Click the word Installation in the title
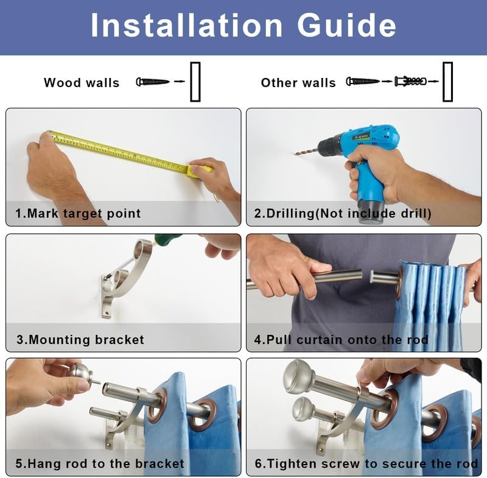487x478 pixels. (186, 25)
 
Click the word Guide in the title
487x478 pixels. (346, 25)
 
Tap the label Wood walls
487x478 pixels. (82, 83)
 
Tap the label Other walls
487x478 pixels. (298, 83)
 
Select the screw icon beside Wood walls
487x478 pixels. (153, 82)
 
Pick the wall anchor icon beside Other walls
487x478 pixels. (410, 82)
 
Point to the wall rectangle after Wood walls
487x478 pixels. (195, 82)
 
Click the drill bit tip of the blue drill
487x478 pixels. (295, 153)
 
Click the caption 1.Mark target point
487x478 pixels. (78, 213)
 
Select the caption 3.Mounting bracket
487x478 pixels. (80, 340)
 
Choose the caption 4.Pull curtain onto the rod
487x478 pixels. (341, 340)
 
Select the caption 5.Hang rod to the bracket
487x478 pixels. (100, 463)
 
